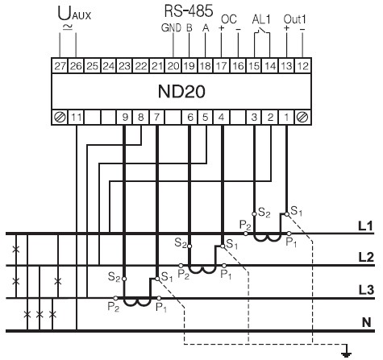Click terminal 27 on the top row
click(60, 66)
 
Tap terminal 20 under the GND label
click(173, 66)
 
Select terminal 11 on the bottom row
click(77, 118)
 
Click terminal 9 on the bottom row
click(125, 118)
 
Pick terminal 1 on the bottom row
click(286, 118)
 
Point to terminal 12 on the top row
click(303, 66)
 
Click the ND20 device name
click(181, 92)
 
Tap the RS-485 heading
click(189, 11)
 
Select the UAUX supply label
click(74, 14)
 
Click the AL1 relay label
click(261, 19)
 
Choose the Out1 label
click(295, 19)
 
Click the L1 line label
click(366, 226)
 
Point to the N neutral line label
click(367, 322)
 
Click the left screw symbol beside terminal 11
click(60, 118)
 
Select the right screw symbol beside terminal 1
click(303, 118)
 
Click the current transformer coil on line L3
click(137, 302)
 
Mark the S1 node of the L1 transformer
click(286, 214)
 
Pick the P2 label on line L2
click(184, 275)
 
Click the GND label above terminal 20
click(171, 28)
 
